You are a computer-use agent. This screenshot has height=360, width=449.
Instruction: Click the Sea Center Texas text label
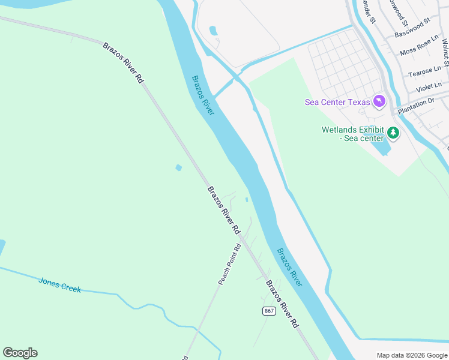click(x=337, y=102)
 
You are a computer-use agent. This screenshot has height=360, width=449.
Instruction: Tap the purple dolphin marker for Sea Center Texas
click(x=379, y=101)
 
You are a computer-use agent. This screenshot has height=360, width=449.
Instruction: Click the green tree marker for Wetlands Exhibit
click(x=393, y=133)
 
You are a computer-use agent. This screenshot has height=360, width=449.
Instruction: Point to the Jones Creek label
click(x=59, y=284)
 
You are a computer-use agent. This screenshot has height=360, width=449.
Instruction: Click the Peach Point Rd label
click(x=229, y=265)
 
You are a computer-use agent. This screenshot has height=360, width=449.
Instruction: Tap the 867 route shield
click(x=269, y=311)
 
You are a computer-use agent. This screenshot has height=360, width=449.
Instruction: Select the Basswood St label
click(x=412, y=28)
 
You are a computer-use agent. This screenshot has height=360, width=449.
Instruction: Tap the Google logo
click(x=20, y=353)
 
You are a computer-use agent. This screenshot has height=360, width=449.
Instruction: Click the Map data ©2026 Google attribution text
click(x=411, y=355)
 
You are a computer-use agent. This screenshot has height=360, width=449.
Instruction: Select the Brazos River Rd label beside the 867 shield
click(x=282, y=304)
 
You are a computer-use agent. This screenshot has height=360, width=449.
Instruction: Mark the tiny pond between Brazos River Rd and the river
click(x=247, y=200)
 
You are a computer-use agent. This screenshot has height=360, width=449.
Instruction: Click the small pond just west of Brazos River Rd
click(x=178, y=167)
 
